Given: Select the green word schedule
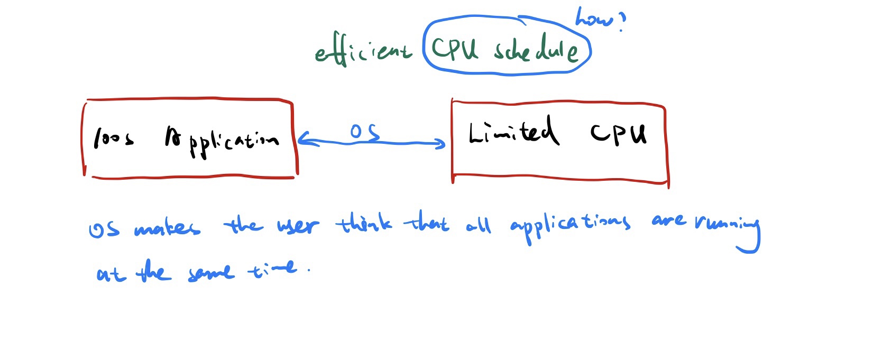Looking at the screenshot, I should (536, 50).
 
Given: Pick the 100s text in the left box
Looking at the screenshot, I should (113, 139).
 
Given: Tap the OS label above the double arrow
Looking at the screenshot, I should (364, 132).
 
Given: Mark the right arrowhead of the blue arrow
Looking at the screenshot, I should (441, 143).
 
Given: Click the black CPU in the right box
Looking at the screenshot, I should (618, 133).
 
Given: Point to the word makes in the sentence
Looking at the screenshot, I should (167, 228).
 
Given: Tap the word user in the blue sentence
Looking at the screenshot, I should (298, 226).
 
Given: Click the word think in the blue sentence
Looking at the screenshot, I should (364, 224).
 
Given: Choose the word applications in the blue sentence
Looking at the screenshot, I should (570, 225).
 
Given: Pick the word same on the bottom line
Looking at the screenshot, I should (210, 272).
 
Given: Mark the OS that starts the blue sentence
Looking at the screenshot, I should (104, 229).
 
